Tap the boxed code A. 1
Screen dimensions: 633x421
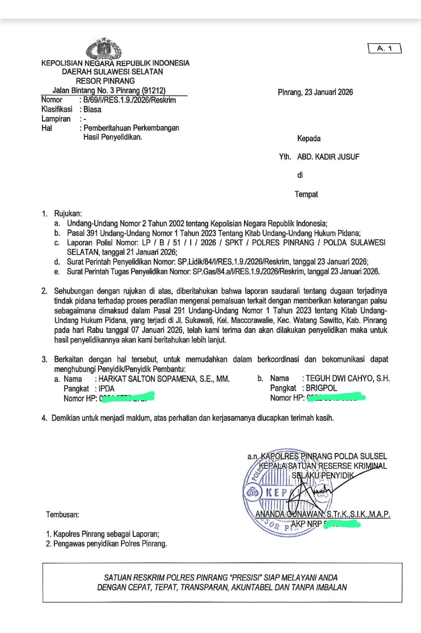(384, 49)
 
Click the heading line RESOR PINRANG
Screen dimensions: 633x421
(105, 81)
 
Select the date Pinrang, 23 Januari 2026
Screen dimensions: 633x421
(315, 92)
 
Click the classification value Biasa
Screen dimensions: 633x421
(92, 109)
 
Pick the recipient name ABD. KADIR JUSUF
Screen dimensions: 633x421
(329, 157)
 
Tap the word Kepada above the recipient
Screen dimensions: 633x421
(309, 139)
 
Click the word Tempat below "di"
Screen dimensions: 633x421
(306, 194)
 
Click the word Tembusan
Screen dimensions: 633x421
(63, 514)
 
